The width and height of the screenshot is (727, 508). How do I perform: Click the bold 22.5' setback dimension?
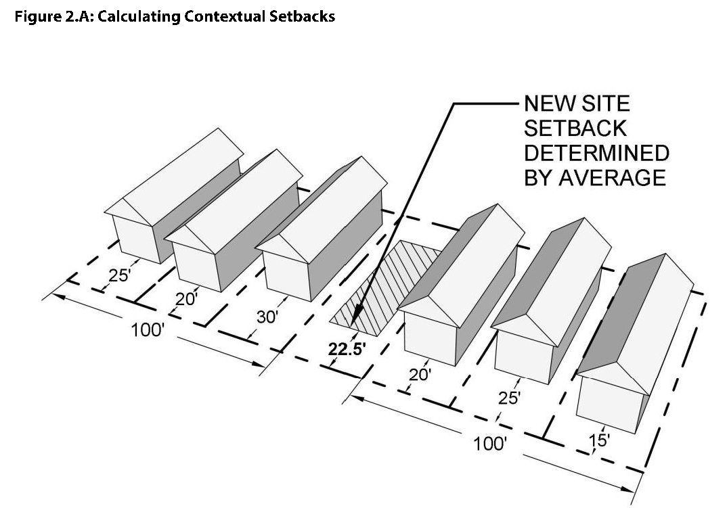344,349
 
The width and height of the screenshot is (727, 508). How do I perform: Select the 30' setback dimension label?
267,317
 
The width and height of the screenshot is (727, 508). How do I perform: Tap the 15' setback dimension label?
599,440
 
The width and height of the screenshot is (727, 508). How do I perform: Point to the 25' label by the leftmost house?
119,275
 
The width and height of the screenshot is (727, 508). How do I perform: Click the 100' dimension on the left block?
148,331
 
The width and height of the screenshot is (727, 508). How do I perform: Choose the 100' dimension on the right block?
489,444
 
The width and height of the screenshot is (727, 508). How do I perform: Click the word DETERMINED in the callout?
596,153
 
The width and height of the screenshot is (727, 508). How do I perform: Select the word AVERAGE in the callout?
612,177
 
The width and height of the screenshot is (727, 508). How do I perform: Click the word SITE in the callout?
606,103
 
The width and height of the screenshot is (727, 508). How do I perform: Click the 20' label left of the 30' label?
186,298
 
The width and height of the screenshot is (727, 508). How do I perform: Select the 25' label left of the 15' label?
509,398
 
